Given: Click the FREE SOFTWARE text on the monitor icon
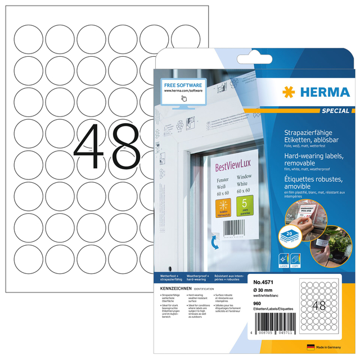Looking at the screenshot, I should point(183,84).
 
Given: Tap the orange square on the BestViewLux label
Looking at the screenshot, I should point(225,206).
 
